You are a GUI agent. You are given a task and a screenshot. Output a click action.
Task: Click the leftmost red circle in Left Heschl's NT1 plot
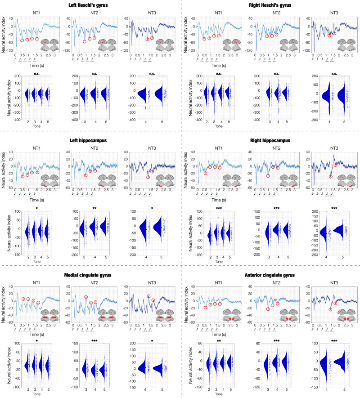click(x=22, y=40)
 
